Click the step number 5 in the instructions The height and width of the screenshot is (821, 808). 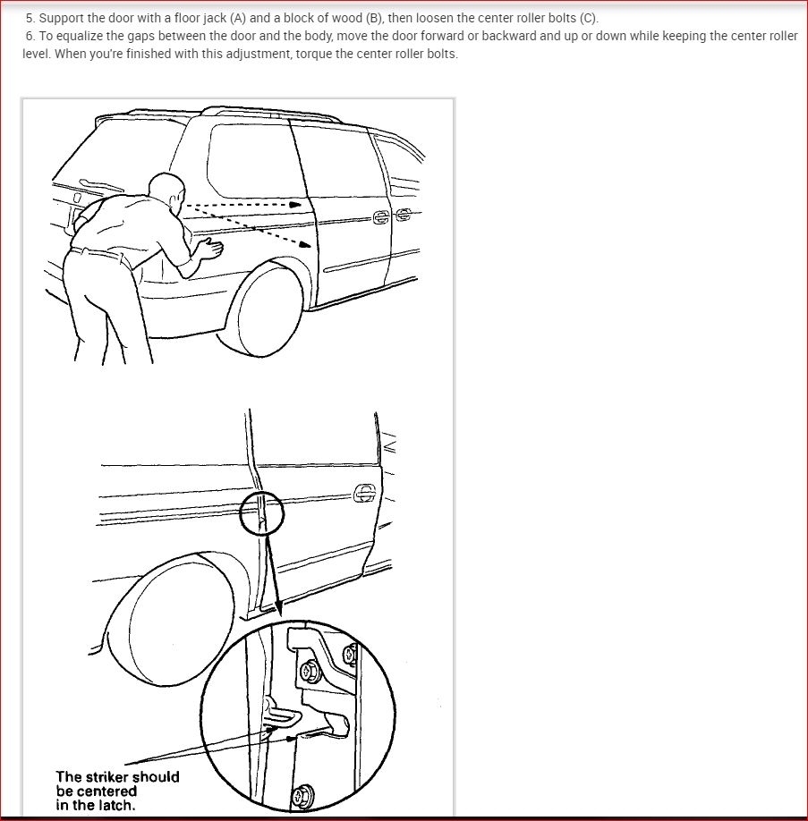[30, 19]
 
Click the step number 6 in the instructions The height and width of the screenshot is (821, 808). [30, 37]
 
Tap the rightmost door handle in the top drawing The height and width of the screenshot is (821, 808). [404, 215]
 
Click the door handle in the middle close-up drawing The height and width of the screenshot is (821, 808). [364, 492]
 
